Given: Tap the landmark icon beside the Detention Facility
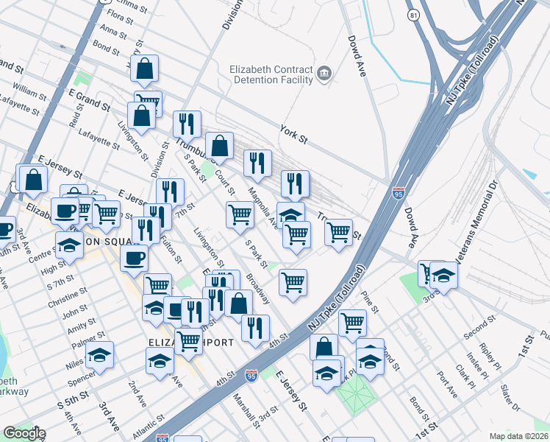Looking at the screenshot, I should click(324, 74).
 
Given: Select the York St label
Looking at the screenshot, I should click(293, 133).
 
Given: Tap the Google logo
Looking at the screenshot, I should click(24, 433).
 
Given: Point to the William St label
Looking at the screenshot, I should click(29, 93).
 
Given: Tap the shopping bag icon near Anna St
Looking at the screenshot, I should click(145, 69).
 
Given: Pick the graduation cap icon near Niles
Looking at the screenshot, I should click(99, 356).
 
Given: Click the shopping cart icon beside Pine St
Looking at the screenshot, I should click(353, 321).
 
